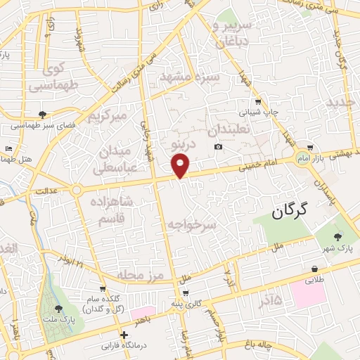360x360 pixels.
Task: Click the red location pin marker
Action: coord(181,166)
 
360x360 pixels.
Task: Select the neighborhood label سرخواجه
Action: coord(192,224)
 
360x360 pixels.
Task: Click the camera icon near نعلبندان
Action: coord(219,146)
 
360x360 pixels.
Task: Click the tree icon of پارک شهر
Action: coord(338,237)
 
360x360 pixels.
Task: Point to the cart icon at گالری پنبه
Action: coord(185,293)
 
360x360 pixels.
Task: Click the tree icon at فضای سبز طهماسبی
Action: coord(44,115)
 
